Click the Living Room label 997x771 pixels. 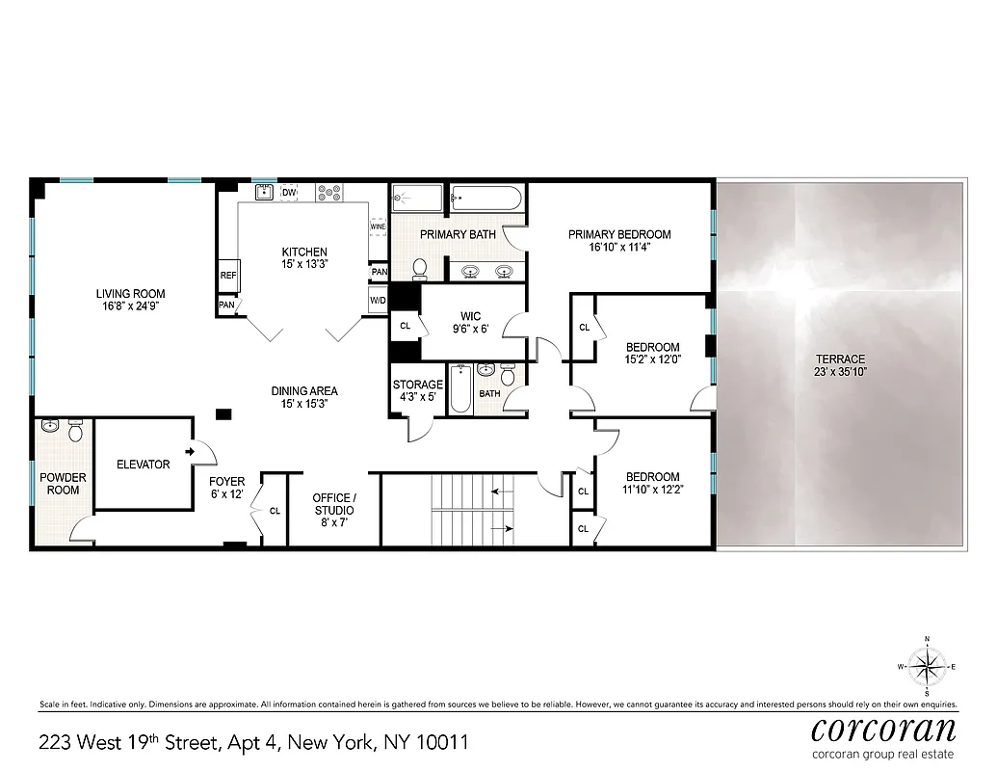(130, 294)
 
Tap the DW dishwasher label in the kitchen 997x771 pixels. (288, 194)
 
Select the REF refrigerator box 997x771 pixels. (228, 275)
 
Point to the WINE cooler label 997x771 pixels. (378, 227)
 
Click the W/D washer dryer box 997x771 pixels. (379, 300)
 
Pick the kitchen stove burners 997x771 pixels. (329, 193)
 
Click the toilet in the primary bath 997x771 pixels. (421, 267)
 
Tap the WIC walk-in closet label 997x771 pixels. (471, 316)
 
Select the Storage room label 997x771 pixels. (418, 385)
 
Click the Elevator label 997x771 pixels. (143, 465)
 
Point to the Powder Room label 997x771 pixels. (62, 484)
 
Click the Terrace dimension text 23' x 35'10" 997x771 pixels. (841, 372)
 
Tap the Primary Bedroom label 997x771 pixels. (619, 234)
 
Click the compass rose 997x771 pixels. (927, 665)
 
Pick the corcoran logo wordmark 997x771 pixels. (884, 728)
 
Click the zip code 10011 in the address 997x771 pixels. (441, 743)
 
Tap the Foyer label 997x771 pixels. (227, 482)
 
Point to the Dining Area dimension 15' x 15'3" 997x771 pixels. (303, 405)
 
